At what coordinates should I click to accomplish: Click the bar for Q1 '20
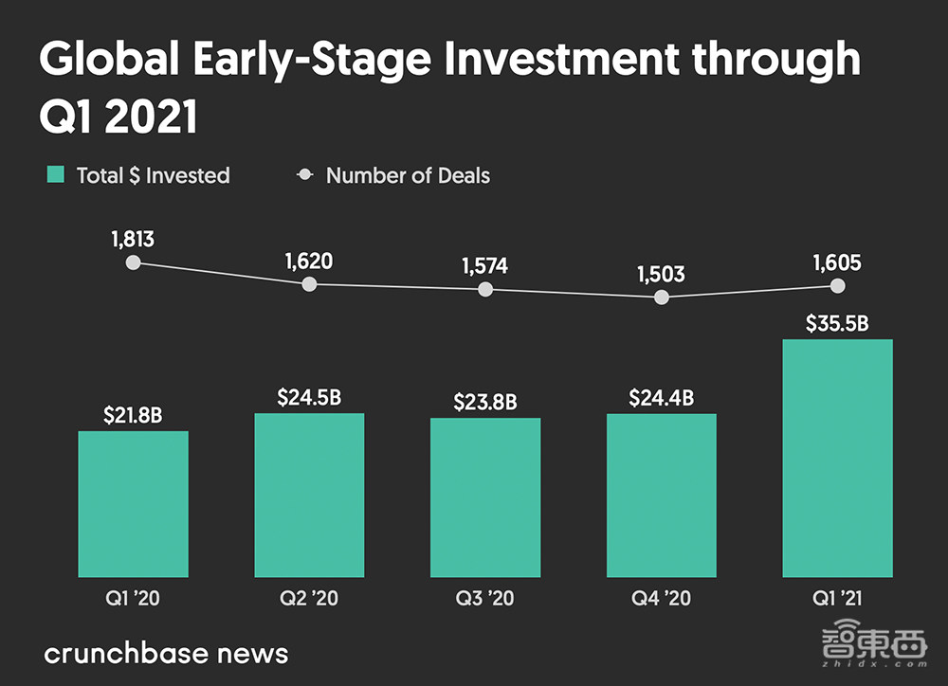(133, 504)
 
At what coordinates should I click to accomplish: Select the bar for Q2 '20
(309, 495)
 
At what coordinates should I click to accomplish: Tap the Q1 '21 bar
(837, 458)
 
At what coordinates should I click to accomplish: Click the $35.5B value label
(837, 323)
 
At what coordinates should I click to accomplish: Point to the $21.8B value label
(133, 414)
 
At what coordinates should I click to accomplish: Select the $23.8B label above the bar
(485, 402)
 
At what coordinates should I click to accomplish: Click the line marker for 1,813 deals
(133, 262)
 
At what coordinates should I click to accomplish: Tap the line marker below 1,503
(662, 297)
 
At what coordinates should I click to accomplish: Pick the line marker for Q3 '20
(485, 289)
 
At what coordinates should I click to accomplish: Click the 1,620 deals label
(309, 261)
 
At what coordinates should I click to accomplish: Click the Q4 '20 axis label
(662, 599)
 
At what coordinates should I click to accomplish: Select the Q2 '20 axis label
(309, 599)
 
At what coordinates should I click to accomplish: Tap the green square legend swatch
(56, 174)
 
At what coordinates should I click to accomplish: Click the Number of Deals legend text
(408, 175)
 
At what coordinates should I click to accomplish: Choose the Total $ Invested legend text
(153, 175)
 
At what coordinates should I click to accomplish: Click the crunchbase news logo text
(166, 653)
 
